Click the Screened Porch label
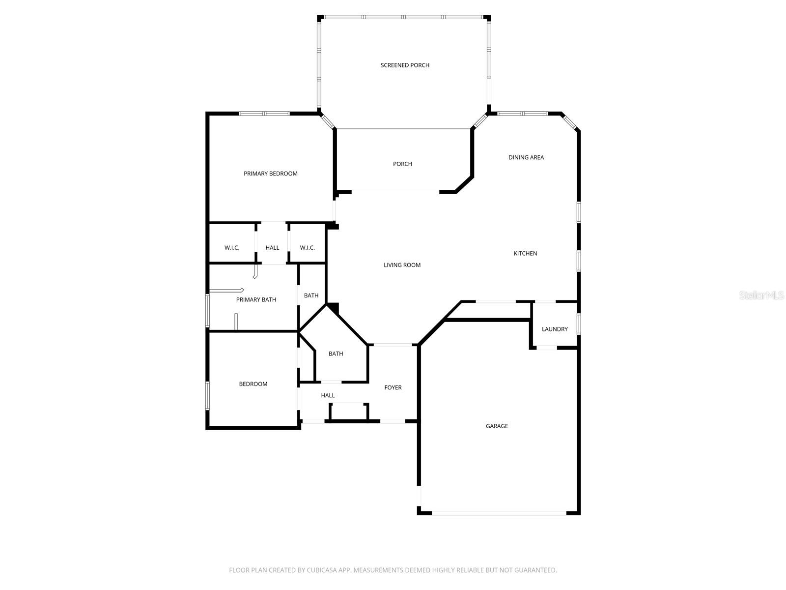(x=405, y=65)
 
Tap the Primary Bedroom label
(x=271, y=174)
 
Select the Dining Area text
(x=526, y=157)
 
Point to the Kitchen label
(x=525, y=253)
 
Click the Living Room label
(x=402, y=265)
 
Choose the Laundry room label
(x=555, y=329)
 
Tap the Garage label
(x=497, y=426)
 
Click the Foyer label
(x=393, y=387)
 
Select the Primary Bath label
(x=256, y=299)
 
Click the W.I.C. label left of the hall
(x=232, y=247)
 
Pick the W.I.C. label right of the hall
(x=308, y=247)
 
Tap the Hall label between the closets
(x=272, y=247)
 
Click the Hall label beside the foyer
(x=328, y=395)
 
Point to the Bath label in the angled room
(x=336, y=354)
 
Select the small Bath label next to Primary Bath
(x=311, y=295)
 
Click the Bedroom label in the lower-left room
(x=253, y=384)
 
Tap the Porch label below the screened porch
(x=402, y=164)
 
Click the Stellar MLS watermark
(x=762, y=295)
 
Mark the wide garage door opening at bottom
(x=499, y=513)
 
